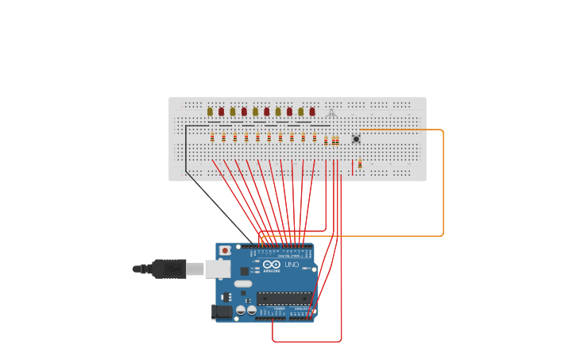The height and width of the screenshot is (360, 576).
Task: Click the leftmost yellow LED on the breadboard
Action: pos(210,112)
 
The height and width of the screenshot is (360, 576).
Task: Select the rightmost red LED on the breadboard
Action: pos(312,112)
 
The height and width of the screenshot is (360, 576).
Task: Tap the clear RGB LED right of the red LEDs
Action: pos(331,114)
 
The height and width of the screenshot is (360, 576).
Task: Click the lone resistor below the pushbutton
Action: pos(360,164)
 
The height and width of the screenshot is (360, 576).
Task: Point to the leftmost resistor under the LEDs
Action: pos(212,137)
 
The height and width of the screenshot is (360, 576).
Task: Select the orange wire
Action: pos(443,183)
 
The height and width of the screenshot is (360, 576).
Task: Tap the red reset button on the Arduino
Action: pos(225,250)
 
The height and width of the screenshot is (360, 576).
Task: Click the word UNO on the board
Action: pos(292,265)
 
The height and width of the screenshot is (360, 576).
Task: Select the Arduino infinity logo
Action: pos(271,264)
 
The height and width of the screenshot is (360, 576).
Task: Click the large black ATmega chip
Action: pos(284,299)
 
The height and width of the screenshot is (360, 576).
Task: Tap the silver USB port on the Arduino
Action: pos(217,269)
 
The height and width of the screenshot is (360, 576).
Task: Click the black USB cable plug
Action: pos(169,269)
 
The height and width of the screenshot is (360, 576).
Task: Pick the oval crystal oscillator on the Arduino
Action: pos(243,284)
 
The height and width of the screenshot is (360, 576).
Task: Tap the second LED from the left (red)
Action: pos(221,112)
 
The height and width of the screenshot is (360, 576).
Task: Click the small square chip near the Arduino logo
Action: pos(244,271)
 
